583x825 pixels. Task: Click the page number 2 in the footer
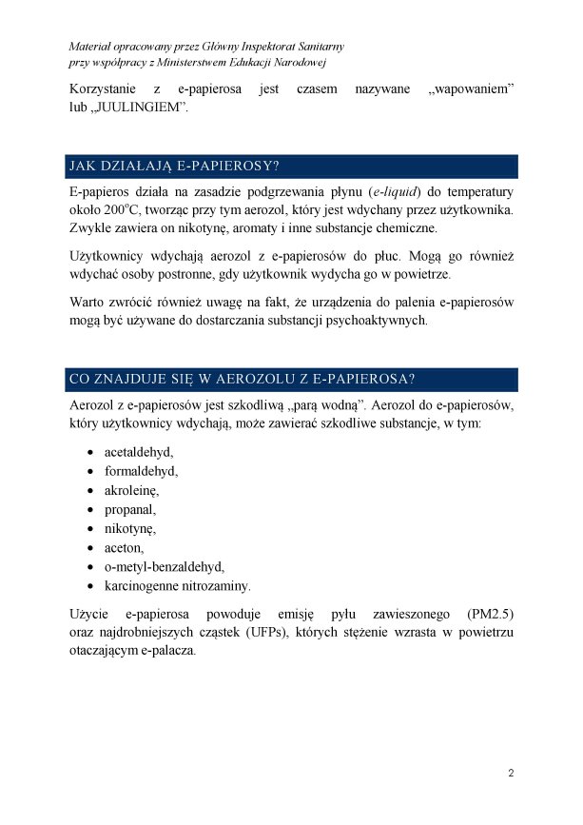tap(511, 772)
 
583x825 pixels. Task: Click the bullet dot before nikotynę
tap(90, 529)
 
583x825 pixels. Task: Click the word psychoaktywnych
tap(376, 321)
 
